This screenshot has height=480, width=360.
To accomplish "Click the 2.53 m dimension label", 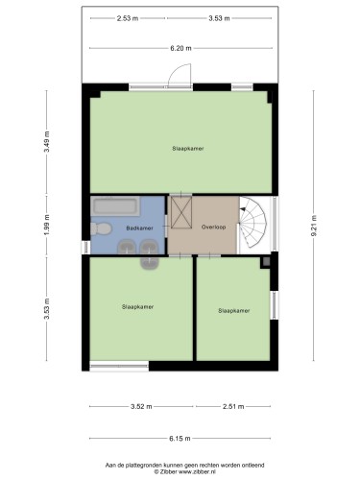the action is click(128, 18).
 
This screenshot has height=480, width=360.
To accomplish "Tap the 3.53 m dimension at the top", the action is click(219, 18).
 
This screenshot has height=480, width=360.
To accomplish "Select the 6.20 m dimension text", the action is click(180, 48).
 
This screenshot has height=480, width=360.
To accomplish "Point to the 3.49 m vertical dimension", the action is click(47, 141).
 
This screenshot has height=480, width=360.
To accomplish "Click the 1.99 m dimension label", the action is click(47, 226).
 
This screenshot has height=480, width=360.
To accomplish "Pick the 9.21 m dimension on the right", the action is click(314, 226).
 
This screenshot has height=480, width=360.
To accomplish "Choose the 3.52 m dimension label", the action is click(141, 406).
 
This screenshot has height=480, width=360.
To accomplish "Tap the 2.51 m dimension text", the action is click(233, 406).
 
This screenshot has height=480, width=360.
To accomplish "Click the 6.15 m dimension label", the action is click(180, 439).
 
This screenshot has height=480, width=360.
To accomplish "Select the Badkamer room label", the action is click(139, 228).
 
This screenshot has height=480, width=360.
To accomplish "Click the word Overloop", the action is click(213, 227).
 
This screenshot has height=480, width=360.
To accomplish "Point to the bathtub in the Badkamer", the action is click(115, 206).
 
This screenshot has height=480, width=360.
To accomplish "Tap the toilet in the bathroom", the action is click(101, 228).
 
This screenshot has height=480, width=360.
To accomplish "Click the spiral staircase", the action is click(252, 223).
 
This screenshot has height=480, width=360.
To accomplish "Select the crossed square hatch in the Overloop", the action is click(181, 212).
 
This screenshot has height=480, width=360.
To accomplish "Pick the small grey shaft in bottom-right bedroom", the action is click(265, 262).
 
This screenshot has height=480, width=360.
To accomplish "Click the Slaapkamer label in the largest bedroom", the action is click(188, 149).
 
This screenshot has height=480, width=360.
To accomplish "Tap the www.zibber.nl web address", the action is click(197, 471).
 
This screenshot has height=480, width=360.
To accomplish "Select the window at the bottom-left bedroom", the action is click(119, 366).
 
